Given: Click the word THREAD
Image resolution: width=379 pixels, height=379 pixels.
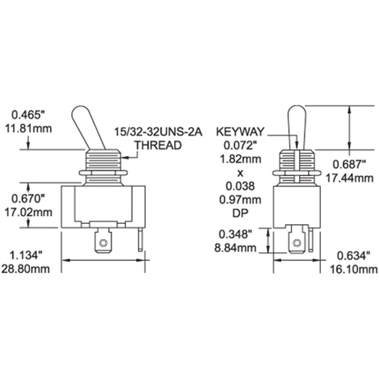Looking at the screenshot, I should click(x=158, y=145).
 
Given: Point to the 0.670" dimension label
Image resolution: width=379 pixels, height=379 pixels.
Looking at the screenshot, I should click(x=28, y=197).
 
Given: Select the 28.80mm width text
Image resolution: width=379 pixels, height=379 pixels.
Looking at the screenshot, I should click(x=31, y=269).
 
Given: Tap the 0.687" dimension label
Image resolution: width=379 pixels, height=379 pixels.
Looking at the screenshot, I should click(x=350, y=164).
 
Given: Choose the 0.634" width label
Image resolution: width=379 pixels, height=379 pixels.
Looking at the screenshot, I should click(x=351, y=256).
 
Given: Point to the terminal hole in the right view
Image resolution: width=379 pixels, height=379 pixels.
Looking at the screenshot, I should click(x=297, y=244).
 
